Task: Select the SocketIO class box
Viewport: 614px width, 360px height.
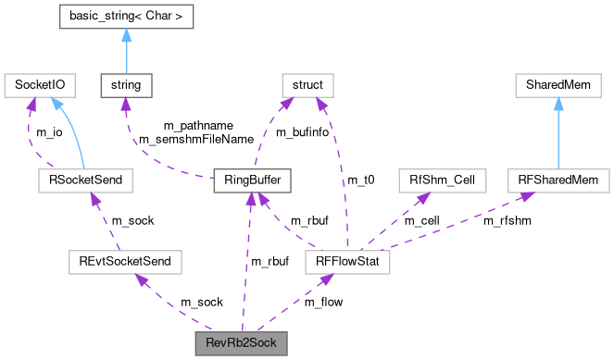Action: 39,85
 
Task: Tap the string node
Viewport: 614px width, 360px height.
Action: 126,85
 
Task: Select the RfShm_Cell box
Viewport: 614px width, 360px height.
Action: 435,180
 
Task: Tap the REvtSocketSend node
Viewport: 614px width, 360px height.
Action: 125,263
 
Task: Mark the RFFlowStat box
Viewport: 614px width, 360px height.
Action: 347,263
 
